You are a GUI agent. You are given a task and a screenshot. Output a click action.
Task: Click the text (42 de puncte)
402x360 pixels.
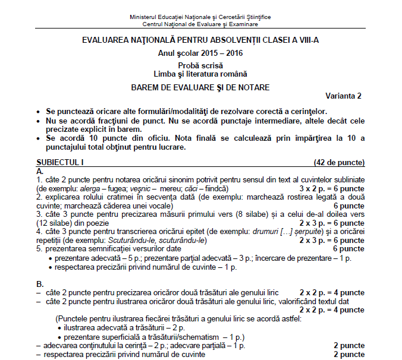(x=339, y=162)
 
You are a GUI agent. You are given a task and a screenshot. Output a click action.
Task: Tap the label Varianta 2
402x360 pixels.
(x=343, y=96)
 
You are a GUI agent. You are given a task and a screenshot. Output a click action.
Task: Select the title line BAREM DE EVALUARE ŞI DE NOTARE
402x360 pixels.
(x=200, y=87)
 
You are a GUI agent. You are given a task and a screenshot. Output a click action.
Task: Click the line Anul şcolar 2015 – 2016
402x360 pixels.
(x=200, y=53)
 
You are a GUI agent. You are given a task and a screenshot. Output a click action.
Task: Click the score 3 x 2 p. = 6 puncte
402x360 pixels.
(x=332, y=188)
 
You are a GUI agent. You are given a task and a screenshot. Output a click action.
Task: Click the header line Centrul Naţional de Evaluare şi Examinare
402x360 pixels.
(x=200, y=24)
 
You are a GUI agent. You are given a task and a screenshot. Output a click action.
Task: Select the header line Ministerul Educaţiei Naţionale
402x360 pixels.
(x=200, y=17)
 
